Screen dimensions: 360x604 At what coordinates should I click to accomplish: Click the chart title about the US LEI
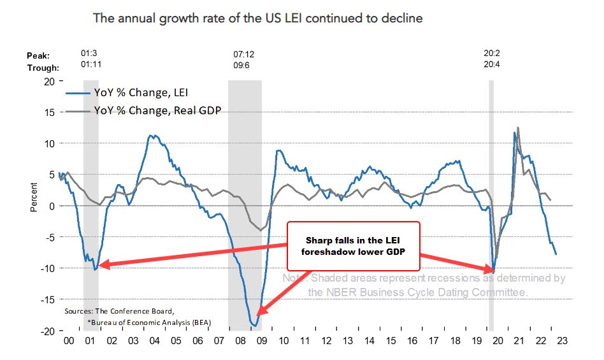[x=257, y=18]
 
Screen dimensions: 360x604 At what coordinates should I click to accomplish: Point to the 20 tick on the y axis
[x=48, y=82]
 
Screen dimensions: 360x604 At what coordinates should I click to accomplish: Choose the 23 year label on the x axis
[x=559, y=340]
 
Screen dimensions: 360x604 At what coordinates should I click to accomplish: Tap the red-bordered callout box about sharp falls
[x=355, y=241]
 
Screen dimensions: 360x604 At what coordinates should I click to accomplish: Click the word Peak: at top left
[x=38, y=55]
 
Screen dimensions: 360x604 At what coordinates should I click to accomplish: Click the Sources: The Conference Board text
[x=118, y=312]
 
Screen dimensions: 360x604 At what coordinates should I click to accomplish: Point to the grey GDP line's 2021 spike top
[x=518, y=127]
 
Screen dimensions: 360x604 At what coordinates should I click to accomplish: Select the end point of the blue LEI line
[x=556, y=254]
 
